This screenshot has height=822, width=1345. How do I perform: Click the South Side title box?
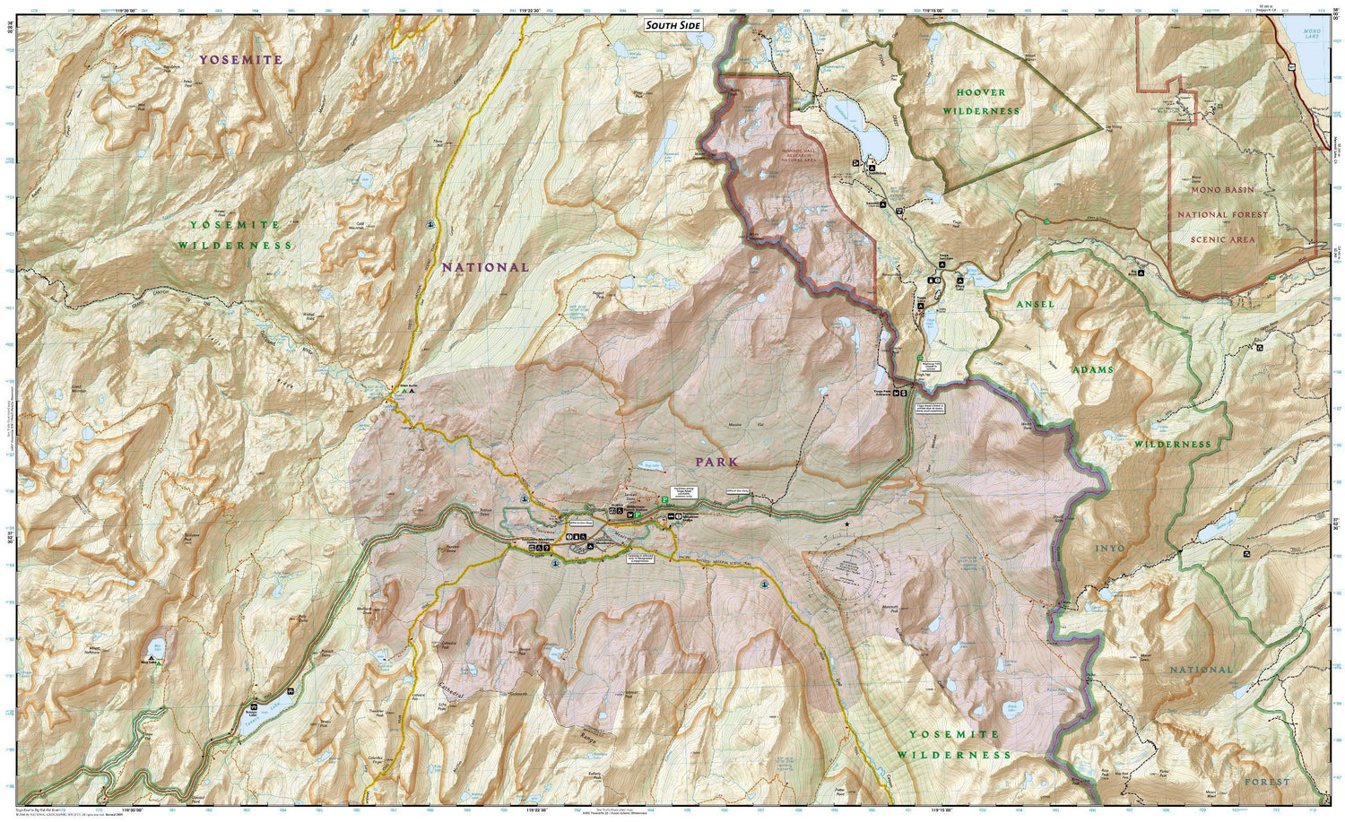click(x=673, y=25)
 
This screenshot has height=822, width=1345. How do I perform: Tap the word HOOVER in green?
click(x=980, y=92)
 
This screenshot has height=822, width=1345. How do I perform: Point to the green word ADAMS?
click(x=1091, y=369)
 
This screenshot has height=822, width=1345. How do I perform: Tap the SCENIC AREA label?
click(x=1222, y=239)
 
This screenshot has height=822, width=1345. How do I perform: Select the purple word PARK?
click(x=716, y=462)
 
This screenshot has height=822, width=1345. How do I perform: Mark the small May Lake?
click(x=158, y=645)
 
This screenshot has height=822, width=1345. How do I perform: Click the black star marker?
click(x=846, y=523)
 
